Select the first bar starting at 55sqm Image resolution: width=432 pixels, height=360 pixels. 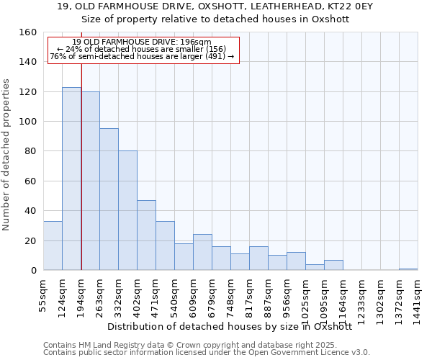pyautogui.click(x=53, y=246)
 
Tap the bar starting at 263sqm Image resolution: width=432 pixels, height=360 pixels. pyautogui.click(x=109, y=199)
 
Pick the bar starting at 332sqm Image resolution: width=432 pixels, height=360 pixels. pyautogui.click(x=127, y=210)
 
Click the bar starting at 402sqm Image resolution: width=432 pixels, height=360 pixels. pyautogui.click(x=146, y=235)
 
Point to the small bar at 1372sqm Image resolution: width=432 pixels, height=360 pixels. pyautogui.click(x=408, y=269)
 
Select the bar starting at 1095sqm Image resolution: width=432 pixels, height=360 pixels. pyautogui.click(x=333, y=265)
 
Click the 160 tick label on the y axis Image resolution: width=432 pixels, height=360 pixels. pyautogui.click(x=29, y=32)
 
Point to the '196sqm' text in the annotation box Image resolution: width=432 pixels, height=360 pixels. pyautogui.click(x=197, y=42)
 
